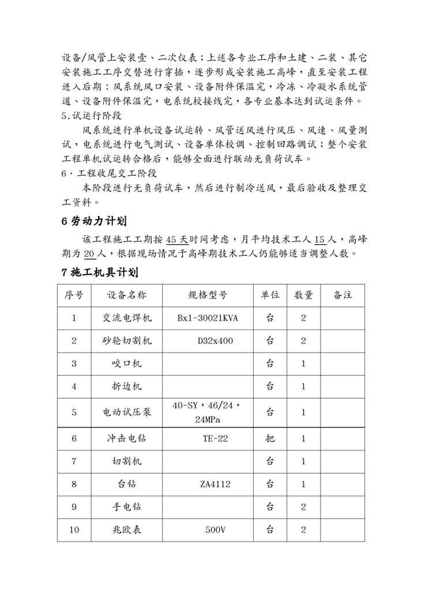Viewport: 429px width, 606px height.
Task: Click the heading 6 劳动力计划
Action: click(x=93, y=222)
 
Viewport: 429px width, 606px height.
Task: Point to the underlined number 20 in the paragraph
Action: click(x=90, y=254)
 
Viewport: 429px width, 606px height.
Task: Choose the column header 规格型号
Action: click(x=208, y=296)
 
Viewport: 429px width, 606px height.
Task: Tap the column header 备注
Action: click(x=343, y=296)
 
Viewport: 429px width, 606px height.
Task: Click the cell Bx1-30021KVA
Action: click(x=208, y=319)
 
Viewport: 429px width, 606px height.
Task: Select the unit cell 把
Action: click(x=270, y=438)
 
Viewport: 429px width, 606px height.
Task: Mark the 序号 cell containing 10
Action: click(x=74, y=530)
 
